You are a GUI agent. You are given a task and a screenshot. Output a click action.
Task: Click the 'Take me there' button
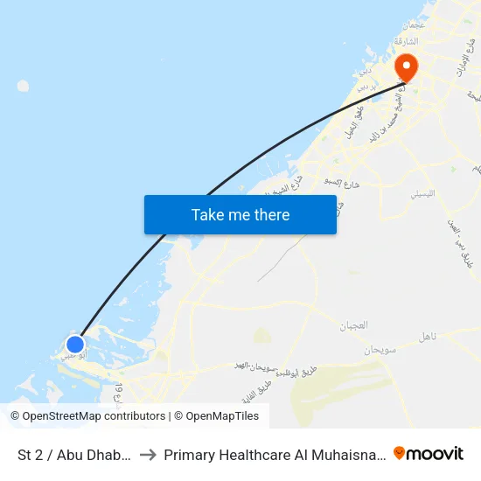pyautogui.click(x=240, y=214)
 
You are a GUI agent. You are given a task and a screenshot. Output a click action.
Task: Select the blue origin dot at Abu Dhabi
pyautogui.click(x=75, y=345)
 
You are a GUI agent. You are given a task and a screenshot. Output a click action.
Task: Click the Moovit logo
pyautogui.click(x=429, y=453)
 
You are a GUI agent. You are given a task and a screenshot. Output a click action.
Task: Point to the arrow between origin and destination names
pyautogui.click(x=148, y=455)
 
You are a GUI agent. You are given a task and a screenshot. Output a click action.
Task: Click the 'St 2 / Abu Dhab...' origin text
pyautogui.click(x=75, y=455)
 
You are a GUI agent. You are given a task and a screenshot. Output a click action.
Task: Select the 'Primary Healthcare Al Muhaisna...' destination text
pyautogui.click(x=275, y=455)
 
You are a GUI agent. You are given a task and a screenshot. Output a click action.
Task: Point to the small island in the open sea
pyautogui.click(x=23, y=86)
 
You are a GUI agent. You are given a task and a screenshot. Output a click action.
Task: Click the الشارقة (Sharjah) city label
pyautogui.click(x=406, y=41)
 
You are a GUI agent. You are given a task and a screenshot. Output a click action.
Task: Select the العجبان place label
pyautogui.click(x=353, y=325)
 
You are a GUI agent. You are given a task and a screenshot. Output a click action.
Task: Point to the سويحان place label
pyautogui.click(x=381, y=349)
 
